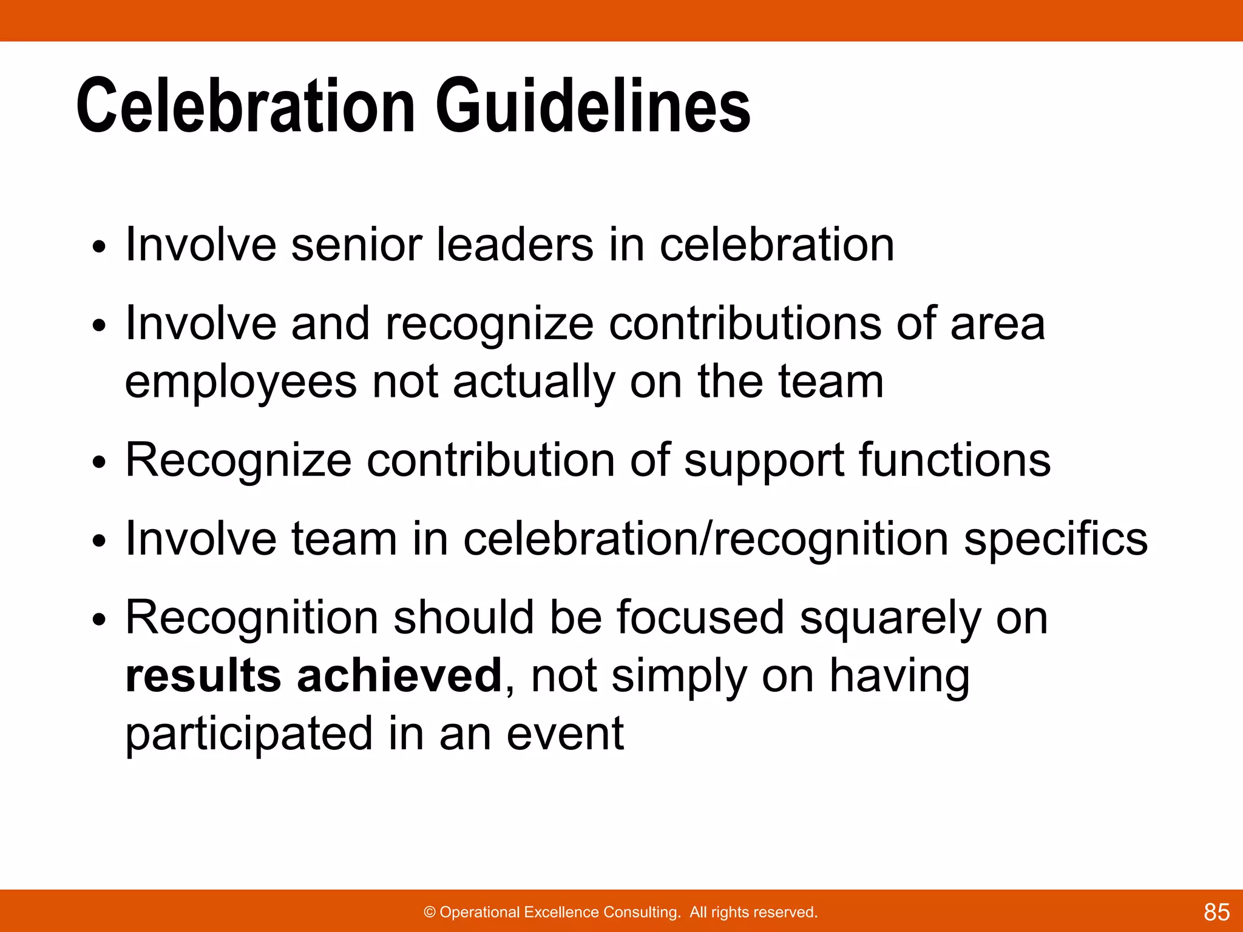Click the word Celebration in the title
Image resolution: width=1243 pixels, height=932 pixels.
point(245,106)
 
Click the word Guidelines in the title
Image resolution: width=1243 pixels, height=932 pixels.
point(593,106)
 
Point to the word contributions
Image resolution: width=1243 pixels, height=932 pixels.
point(745,323)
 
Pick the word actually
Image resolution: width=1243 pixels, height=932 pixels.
point(533,382)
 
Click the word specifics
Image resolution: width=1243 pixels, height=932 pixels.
point(1055,539)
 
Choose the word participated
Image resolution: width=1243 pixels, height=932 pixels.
point(249,735)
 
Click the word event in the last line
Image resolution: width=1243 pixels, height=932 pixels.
point(564,734)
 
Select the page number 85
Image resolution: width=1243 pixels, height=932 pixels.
point(1216,912)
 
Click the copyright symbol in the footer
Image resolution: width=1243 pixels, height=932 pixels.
point(430,913)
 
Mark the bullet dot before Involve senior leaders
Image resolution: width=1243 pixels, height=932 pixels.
point(99,248)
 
